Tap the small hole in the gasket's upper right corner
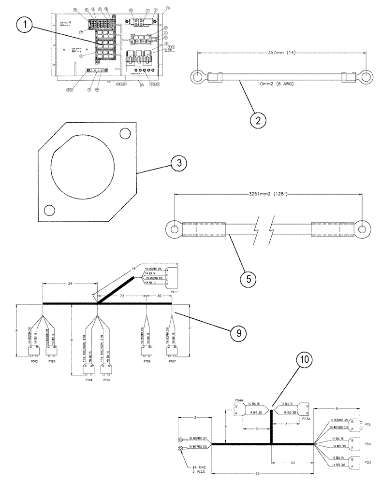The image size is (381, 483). pos(127,133)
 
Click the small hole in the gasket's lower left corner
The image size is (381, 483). pos(48,210)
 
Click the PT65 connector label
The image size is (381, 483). pos(106,380)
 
